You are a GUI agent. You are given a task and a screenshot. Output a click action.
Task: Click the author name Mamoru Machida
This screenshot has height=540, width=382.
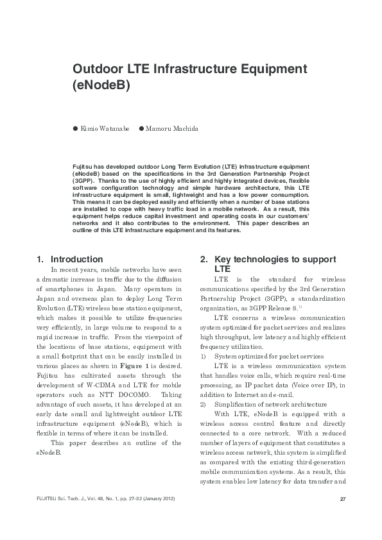click(173, 129)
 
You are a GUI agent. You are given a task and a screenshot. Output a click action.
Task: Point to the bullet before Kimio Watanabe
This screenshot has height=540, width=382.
click(75, 129)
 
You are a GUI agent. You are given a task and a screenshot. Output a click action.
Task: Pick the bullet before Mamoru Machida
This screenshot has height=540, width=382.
click(142, 129)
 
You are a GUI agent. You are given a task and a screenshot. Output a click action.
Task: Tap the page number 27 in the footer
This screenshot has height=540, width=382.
click(342, 499)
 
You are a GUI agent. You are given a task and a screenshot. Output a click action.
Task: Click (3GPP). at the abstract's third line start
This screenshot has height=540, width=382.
click(84, 181)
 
